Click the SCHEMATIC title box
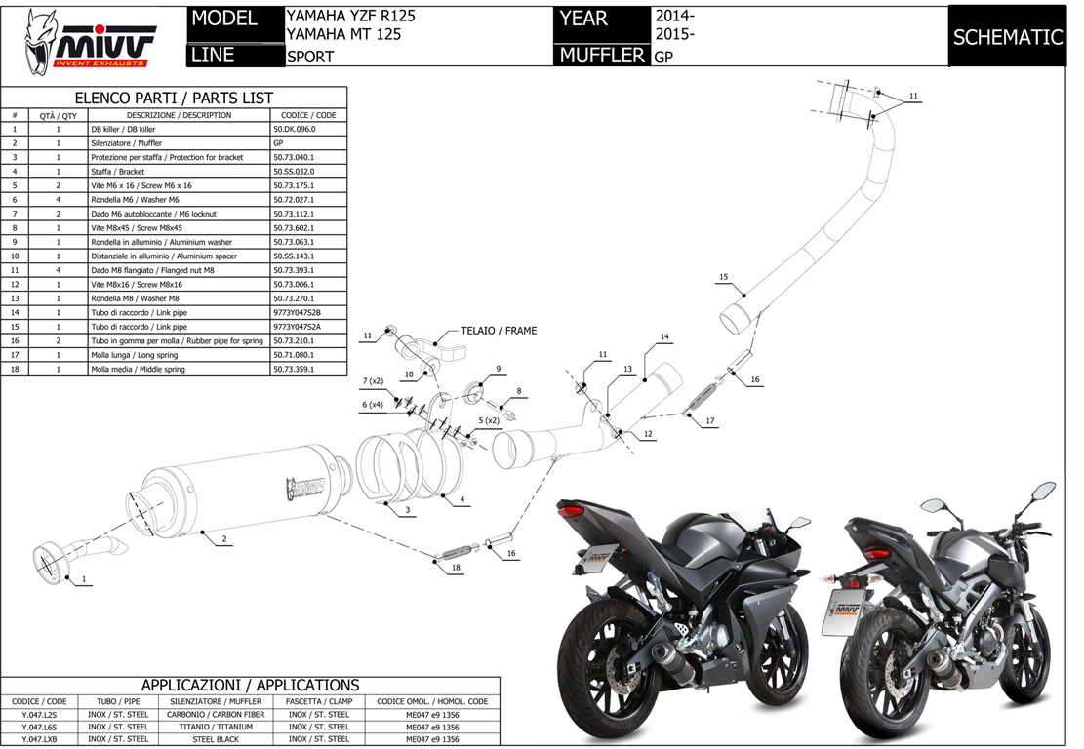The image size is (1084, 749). click(1007, 38)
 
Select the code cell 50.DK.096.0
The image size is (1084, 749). click(307, 129)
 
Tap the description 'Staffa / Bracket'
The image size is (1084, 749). click(118, 172)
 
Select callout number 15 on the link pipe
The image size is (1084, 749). click(723, 277)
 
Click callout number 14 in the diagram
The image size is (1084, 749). click(663, 336)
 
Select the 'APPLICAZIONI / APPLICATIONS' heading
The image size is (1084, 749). click(250, 686)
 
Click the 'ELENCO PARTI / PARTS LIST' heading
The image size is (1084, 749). click(174, 98)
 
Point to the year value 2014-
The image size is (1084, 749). click(674, 17)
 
